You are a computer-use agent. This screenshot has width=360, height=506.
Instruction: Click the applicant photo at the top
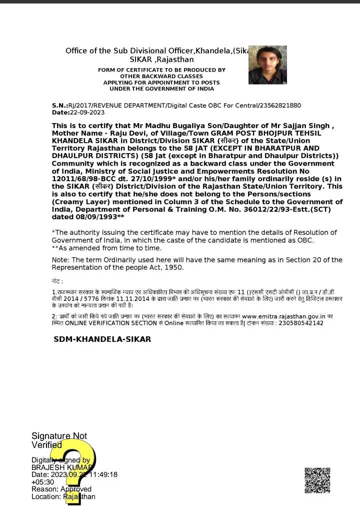point(267,65)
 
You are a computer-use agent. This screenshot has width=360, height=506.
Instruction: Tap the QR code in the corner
point(317,480)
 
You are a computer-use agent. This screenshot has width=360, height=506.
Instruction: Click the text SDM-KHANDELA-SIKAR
point(102,339)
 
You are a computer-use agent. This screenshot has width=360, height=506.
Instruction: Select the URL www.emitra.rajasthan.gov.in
point(283,316)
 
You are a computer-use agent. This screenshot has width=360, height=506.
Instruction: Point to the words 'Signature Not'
point(59,436)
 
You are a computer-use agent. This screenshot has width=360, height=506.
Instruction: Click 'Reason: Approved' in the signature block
point(61,489)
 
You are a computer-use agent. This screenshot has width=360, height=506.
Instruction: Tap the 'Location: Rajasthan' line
point(63,496)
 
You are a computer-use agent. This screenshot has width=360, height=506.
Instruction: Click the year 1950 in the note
point(173,267)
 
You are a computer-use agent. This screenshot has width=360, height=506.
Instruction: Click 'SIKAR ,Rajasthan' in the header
point(158,60)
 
